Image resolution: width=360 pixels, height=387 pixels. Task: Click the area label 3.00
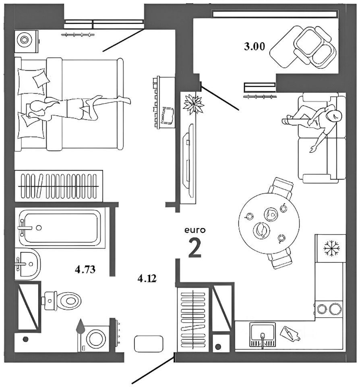point(254,46)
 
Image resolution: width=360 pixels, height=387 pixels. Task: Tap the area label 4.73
point(85,269)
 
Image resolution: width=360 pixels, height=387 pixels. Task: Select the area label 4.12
point(147,279)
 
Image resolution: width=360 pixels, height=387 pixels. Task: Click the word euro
point(195,230)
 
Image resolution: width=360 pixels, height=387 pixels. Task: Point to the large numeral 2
point(195,248)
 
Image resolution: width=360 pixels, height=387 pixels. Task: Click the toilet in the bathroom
point(61,301)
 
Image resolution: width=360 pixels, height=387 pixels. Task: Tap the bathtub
point(60,227)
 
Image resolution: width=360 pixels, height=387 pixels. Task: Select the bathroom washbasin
point(28,264)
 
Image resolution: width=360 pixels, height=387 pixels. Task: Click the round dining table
point(269,223)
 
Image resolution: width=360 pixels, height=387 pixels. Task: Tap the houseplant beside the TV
point(193,104)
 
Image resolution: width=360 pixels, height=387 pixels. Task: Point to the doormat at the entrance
point(149,344)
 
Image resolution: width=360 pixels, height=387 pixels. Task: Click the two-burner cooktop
point(329,309)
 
